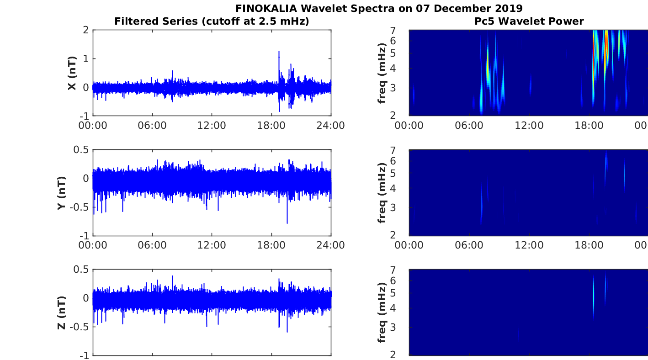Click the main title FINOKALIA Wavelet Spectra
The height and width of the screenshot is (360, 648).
379,8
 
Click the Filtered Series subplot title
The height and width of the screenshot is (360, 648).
212,21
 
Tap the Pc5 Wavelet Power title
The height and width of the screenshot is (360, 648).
528,21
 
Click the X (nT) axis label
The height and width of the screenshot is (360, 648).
72,73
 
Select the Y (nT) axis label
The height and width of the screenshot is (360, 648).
61,193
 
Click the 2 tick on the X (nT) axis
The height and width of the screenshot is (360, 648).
85,30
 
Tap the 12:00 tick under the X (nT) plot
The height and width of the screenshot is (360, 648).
212,125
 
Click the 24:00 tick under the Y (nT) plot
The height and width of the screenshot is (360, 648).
331,245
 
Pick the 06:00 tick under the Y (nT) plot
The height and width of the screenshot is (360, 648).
152,245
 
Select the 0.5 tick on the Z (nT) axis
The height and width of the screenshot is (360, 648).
80,270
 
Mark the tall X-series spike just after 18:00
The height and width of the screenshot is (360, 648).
279,53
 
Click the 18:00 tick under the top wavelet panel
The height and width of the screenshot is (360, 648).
589,125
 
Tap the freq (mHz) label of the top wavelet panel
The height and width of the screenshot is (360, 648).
382,73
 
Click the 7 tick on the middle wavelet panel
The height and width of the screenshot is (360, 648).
404,150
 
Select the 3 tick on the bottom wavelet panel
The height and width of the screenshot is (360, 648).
404,327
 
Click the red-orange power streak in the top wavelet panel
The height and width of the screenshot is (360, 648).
606,46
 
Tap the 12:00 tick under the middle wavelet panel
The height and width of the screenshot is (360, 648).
529,245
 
